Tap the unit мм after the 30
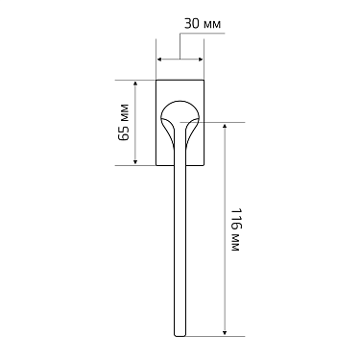tap(209, 22)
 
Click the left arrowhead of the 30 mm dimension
tap(159, 59)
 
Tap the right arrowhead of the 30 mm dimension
tap(199, 59)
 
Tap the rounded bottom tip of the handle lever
tap(179, 334)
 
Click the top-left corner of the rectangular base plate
tap(156, 80)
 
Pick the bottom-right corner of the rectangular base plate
tap(202, 165)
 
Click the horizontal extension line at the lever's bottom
tap(216, 337)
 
